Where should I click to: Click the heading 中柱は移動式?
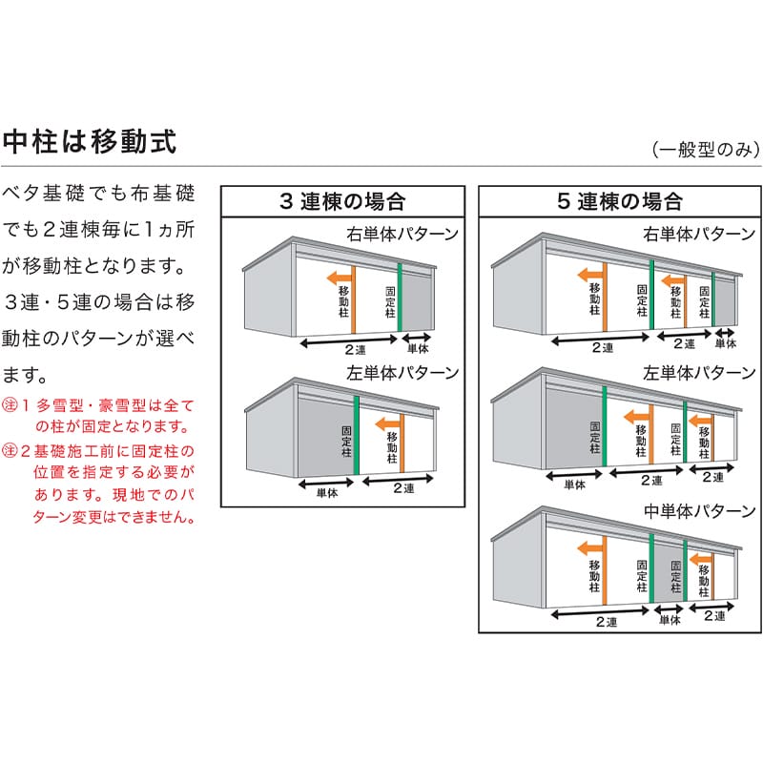pyautogui.click(x=89, y=141)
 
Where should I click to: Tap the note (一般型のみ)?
pyautogui.click(x=706, y=150)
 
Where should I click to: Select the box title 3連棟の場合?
pyautogui.click(x=342, y=201)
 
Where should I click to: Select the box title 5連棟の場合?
pyautogui.click(x=619, y=201)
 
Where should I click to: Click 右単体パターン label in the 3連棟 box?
pyautogui.click(x=402, y=234)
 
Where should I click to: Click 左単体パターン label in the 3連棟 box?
pyautogui.click(x=402, y=373)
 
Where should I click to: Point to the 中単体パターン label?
pyautogui.click(x=699, y=511)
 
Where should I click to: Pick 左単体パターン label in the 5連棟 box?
pyautogui.click(x=699, y=373)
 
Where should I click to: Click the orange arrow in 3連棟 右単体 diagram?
pyautogui.click(x=340, y=278)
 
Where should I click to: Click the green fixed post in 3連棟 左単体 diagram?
pyautogui.click(x=356, y=435)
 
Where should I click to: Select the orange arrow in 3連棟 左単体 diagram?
pyautogui.click(x=388, y=423)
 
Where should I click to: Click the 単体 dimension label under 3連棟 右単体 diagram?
pyautogui.click(x=418, y=348)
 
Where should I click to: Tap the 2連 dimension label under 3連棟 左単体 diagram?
pyautogui.click(x=403, y=488)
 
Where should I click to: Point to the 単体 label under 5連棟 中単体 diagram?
pyautogui.click(x=670, y=620)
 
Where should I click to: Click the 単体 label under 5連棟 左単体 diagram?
pyautogui.click(x=575, y=485)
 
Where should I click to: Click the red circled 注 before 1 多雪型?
pyautogui.click(x=10, y=404)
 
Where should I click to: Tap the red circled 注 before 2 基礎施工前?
pyautogui.click(x=10, y=450)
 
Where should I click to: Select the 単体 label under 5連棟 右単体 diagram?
pyautogui.click(x=726, y=343)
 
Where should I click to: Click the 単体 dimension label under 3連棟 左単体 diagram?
pyautogui.click(x=327, y=493)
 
